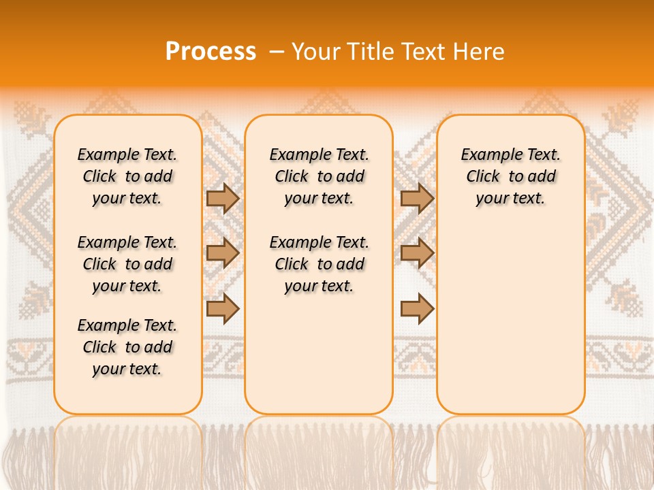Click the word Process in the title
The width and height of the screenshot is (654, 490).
(x=211, y=51)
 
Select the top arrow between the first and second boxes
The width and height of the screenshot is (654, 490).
(x=223, y=199)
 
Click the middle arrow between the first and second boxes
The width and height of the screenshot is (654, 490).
(x=223, y=253)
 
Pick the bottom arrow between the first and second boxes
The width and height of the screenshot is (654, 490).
(x=223, y=308)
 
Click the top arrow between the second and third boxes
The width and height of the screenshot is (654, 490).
(x=417, y=199)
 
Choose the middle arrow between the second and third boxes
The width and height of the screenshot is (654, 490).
(x=417, y=253)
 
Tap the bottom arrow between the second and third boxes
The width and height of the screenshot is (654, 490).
(x=417, y=308)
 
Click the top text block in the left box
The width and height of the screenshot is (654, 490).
(x=127, y=176)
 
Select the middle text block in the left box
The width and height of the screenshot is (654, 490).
(x=127, y=264)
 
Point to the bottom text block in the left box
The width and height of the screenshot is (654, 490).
(x=127, y=347)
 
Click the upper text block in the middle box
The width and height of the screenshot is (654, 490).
(x=319, y=176)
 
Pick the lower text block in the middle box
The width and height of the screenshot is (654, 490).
(x=319, y=264)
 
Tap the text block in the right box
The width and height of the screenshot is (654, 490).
(x=510, y=176)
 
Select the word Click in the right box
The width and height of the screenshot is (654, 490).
(x=483, y=177)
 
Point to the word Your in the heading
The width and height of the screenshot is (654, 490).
(x=316, y=51)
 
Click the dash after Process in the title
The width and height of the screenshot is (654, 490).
(x=275, y=51)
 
